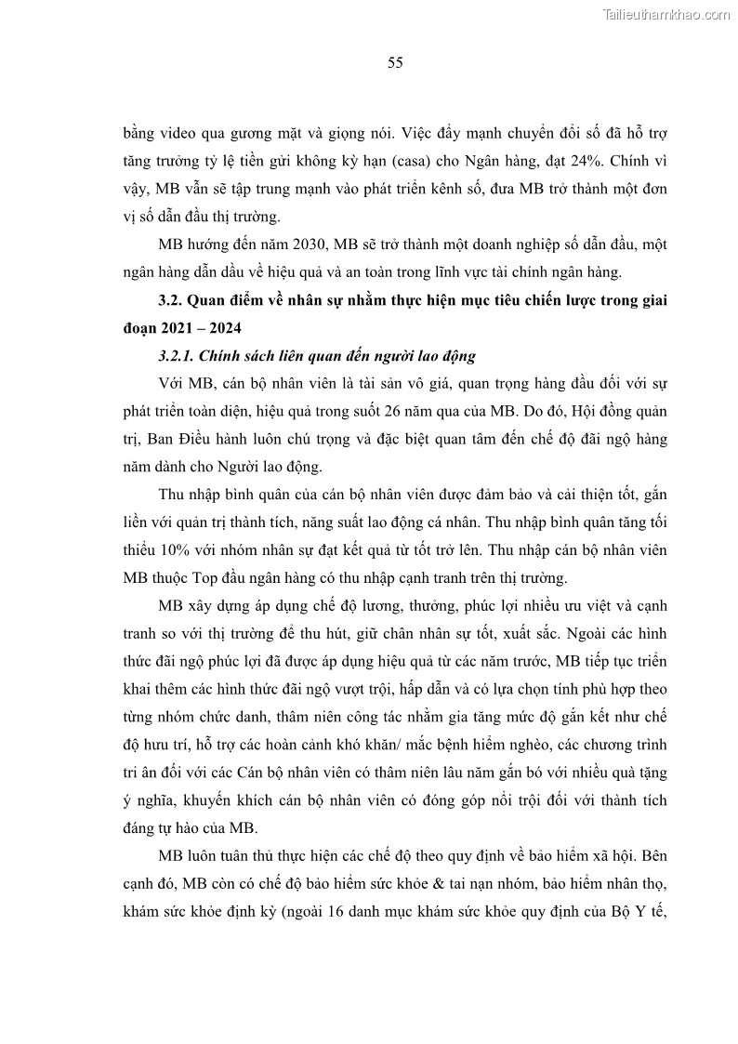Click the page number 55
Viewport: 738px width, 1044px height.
tap(394, 62)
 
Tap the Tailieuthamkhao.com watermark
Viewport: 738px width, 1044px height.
tap(666, 14)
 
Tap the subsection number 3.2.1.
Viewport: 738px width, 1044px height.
tap(177, 356)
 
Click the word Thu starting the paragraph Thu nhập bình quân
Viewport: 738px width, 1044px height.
tap(172, 495)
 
